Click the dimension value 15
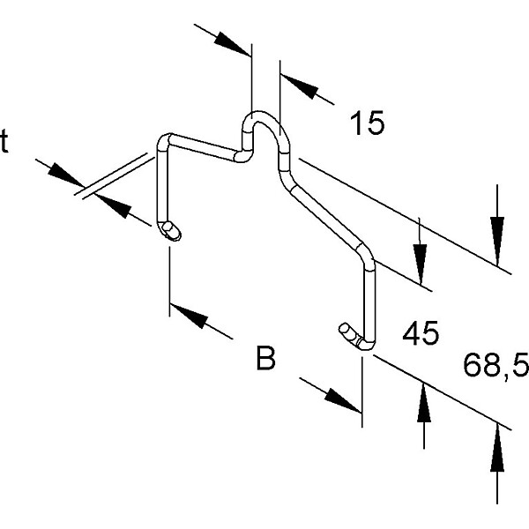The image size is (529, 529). pyautogui.click(x=367, y=123)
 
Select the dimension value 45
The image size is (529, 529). pyautogui.click(x=420, y=334)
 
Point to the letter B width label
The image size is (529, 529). pyautogui.click(x=265, y=360)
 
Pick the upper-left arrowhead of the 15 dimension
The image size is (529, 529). pyautogui.click(x=231, y=42)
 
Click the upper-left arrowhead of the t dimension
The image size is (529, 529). pyautogui.click(x=63, y=175)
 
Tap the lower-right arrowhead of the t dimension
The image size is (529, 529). pyautogui.click(x=110, y=207)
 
